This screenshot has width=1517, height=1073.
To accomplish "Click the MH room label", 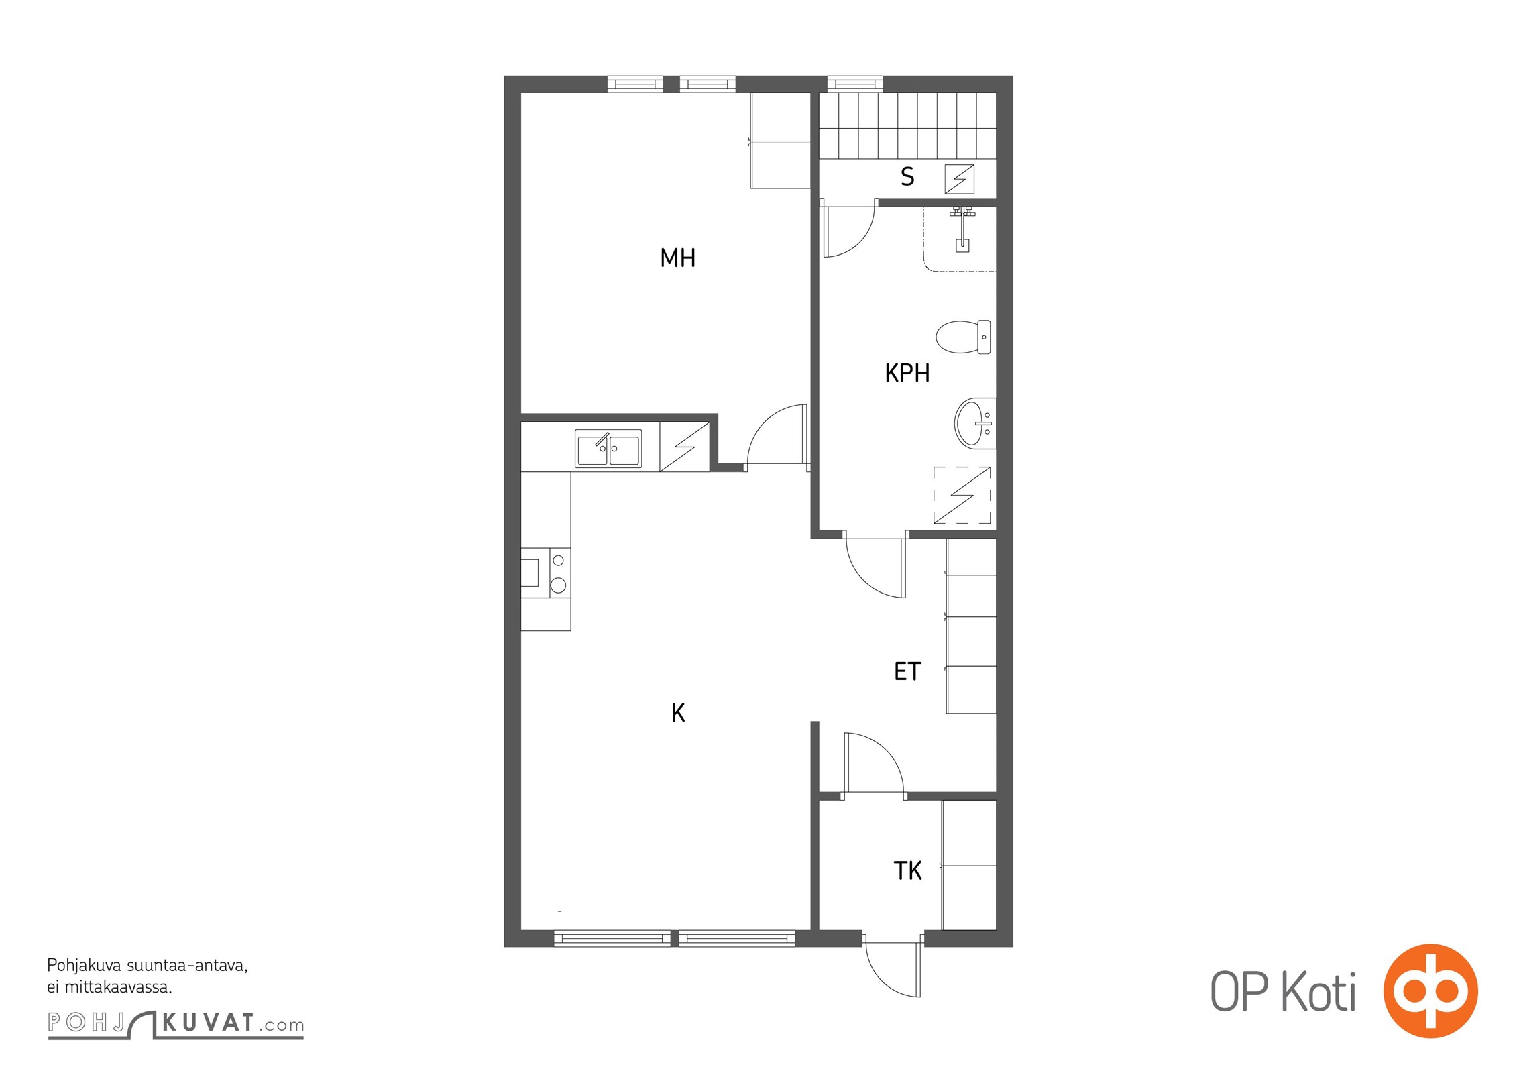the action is (x=677, y=258).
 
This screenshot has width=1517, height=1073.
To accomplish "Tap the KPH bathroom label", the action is (x=907, y=373).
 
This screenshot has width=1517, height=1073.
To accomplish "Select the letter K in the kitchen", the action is (x=678, y=713).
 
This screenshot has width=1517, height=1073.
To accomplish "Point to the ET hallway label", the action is (x=907, y=671).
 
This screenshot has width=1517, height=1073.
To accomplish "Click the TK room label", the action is (x=907, y=871).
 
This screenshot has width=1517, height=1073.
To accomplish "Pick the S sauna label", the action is (x=907, y=177).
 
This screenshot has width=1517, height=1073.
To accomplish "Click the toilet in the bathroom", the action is (x=963, y=337).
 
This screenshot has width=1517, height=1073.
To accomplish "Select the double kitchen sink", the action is (x=608, y=449).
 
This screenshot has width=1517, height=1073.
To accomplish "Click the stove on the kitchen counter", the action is (x=546, y=573).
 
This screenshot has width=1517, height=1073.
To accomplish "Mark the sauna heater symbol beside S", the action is (x=960, y=179).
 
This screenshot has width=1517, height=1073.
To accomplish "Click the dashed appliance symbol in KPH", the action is (x=962, y=495).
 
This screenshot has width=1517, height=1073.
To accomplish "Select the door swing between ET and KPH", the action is (x=876, y=567).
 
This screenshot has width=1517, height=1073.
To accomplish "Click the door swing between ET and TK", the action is (x=875, y=763).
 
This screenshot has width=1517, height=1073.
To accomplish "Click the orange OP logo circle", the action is (x=1430, y=991).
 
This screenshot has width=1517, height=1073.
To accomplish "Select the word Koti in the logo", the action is (x=1319, y=992).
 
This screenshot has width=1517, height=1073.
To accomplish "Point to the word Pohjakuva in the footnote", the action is (x=85, y=966).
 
